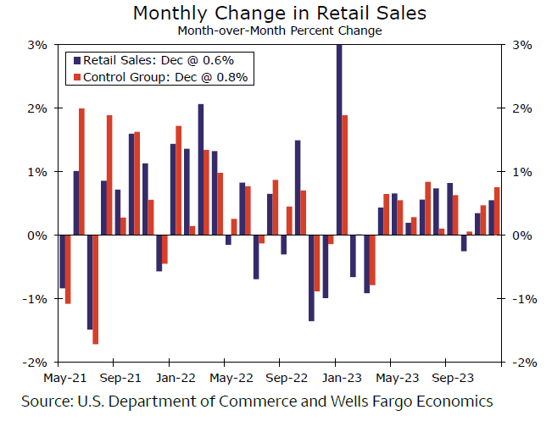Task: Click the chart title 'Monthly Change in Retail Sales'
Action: coord(280,13)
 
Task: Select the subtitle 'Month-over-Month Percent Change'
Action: coord(280,30)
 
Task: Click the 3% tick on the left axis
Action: coord(36,45)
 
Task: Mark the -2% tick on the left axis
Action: coord(35,362)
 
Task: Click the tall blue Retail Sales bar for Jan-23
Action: coord(339,140)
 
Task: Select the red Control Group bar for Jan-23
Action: coord(345,174)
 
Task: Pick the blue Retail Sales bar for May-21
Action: coord(62,261)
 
